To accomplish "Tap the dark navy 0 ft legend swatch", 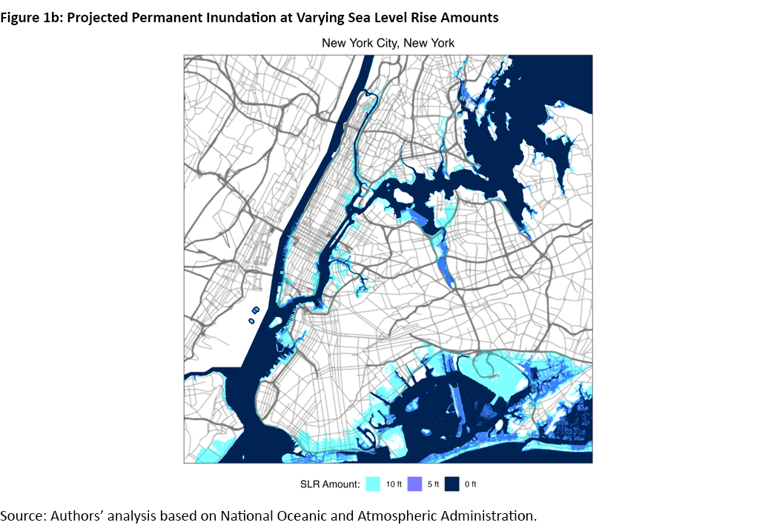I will tap(453, 484).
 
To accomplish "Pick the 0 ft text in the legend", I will tap(471, 484).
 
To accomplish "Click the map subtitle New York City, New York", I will tap(388, 43).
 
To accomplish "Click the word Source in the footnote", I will tap(22, 515).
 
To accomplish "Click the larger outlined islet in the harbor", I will tap(257, 311).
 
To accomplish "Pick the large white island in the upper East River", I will tap(404, 196).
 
